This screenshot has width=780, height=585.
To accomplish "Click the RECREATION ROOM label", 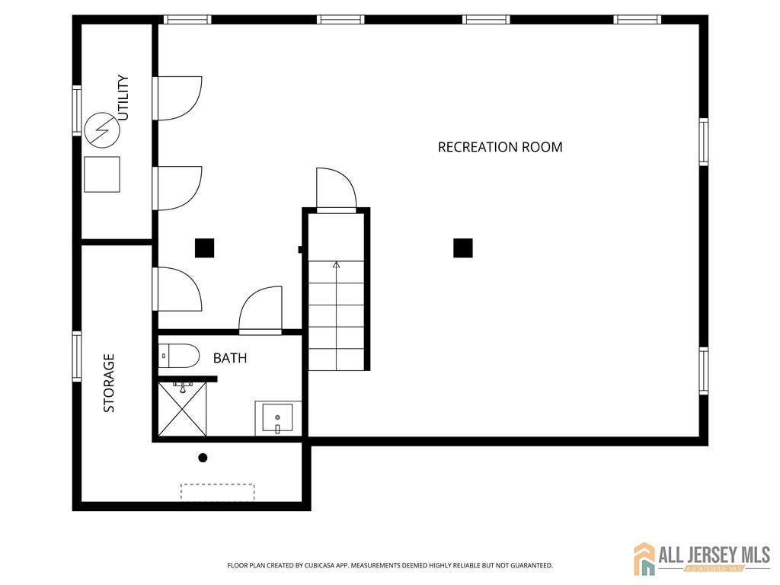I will [x=500, y=147].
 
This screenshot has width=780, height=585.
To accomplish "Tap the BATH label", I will [x=229, y=358].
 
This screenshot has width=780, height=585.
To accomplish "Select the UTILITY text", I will [x=123, y=97].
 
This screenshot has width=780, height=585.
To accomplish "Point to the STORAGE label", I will [x=109, y=383].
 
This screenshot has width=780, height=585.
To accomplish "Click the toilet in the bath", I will [x=180, y=356].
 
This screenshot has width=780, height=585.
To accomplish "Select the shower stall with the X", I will [x=182, y=409].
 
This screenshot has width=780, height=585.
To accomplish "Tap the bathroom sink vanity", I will [x=278, y=417].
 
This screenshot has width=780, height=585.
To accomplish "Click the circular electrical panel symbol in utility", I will [x=102, y=130].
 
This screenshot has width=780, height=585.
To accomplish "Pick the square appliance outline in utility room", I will [x=102, y=174].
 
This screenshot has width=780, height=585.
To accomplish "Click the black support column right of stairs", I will [x=463, y=248].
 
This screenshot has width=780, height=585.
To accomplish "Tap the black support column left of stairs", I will [x=204, y=248].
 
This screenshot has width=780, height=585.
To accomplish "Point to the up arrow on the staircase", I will [x=336, y=265].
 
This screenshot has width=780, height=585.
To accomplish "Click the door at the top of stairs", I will [x=336, y=190].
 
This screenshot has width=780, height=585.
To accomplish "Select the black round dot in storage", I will [x=203, y=458].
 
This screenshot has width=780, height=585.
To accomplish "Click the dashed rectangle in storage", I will [x=217, y=492].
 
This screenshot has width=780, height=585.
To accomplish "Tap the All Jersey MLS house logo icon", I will [x=644, y=558].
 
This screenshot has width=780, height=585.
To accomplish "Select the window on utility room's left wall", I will [x=77, y=110].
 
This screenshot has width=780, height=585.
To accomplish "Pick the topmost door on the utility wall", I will [x=177, y=98].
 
